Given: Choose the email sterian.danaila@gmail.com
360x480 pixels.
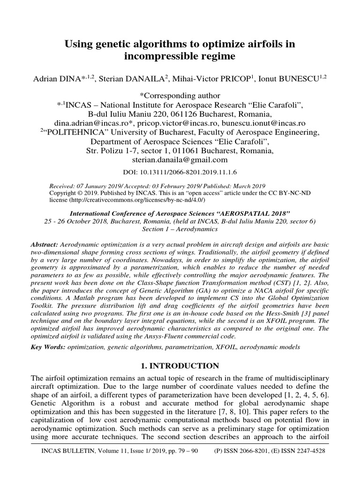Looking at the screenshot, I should (x=180, y=159).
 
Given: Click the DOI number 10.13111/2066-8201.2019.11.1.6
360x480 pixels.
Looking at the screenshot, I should (x=188, y=172).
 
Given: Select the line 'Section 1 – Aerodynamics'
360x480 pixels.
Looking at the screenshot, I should (x=180, y=230).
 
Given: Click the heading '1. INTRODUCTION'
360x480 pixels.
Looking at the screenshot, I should (x=180, y=366).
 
